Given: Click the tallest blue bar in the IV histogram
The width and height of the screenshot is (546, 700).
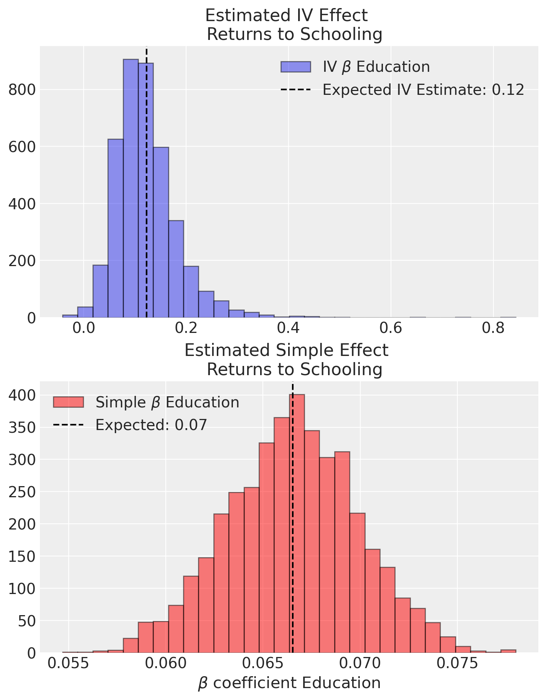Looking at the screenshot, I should pos(131,188).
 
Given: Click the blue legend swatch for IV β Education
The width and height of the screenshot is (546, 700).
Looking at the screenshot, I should pos(295,67).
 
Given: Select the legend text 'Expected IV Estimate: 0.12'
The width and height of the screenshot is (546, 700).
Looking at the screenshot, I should pos(423,90).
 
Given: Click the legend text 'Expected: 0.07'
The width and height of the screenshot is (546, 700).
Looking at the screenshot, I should pos(151,425).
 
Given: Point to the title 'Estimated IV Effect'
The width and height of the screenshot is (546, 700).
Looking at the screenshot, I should pos(286,16).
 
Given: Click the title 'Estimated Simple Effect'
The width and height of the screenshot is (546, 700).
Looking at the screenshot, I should pos(286,351).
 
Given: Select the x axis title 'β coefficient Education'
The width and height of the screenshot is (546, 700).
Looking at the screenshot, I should pos(289,683).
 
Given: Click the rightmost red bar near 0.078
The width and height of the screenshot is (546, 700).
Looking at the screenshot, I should pos(508,651).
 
